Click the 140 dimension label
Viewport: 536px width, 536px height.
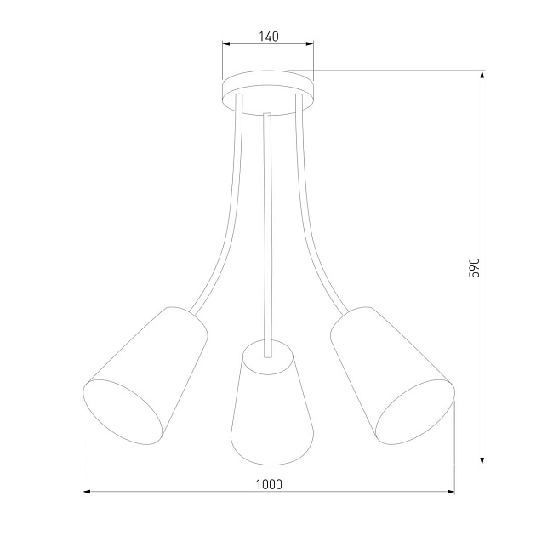tap(268, 37)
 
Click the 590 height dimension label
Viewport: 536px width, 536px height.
tap(476, 267)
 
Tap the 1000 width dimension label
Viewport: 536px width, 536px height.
tap(268, 483)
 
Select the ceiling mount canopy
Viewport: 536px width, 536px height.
tap(268, 88)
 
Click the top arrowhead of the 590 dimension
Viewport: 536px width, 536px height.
tap(482, 75)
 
